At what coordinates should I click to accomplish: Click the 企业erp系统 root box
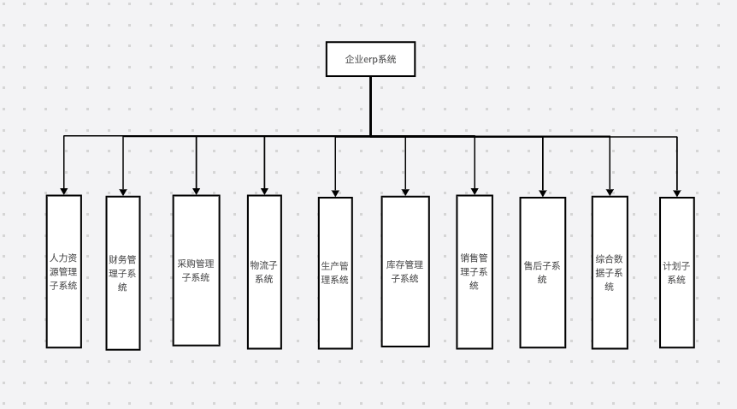click(x=370, y=59)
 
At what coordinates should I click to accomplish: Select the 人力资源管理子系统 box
click(x=64, y=271)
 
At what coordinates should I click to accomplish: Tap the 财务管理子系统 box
click(x=122, y=273)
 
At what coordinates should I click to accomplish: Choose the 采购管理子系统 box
click(x=196, y=270)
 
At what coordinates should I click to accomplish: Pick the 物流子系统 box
click(x=264, y=271)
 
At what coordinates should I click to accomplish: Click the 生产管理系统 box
click(x=335, y=273)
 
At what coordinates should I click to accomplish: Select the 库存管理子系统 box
click(x=405, y=271)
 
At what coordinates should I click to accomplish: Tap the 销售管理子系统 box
click(x=475, y=271)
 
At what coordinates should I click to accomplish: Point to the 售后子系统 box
click(x=543, y=272)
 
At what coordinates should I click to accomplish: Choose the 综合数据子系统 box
click(x=610, y=273)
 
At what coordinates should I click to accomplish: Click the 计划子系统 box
click(x=676, y=272)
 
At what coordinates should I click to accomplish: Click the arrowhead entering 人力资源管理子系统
click(x=64, y=190)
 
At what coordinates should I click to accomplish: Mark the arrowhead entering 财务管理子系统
click(x=122, y=191)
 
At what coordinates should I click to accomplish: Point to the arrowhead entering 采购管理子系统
click(x=196, y=190)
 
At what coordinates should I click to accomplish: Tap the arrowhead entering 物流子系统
click(x=264, y=190)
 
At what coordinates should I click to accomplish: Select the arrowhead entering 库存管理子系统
click(x=405, y=191)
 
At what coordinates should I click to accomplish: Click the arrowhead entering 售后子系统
click(x=543, y=192)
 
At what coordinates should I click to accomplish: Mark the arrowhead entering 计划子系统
click(x=676, y=192)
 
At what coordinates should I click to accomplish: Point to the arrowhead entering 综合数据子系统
click(x=610, y=191)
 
